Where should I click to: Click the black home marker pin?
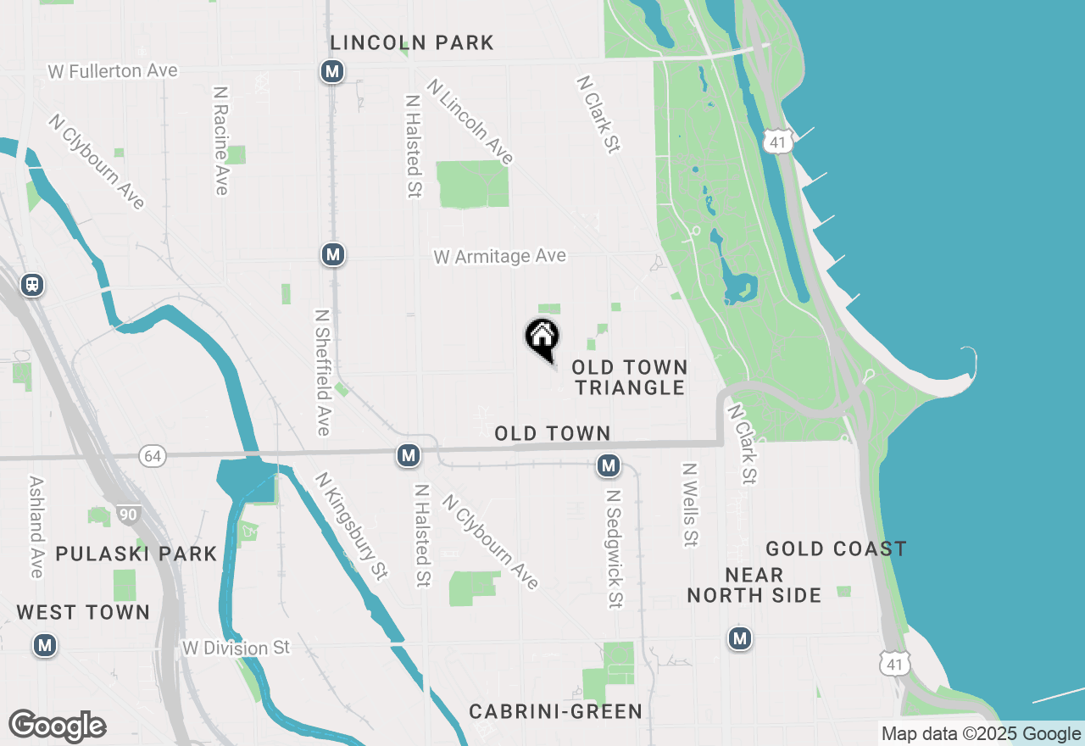click(x=542, y=338)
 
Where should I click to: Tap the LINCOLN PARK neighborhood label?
click(x=412, y=42)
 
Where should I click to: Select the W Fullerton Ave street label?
click(x=113, y=70)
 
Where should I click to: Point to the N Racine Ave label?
click(x=221, y=140)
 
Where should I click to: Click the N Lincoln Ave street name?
click(x=470, y=122)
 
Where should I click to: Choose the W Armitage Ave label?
click(x=499, y=256)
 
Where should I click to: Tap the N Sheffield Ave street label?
click(x=322, y=371)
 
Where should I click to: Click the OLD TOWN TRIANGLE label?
click(x=629, y=377)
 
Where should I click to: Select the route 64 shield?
click(x=152, y=456)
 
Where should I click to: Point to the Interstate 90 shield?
click(x=128, y=514)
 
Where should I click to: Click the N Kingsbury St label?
click(x=352, y=526)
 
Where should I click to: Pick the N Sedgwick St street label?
click(x=615, y=548)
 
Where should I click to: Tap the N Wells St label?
click(x=690, y=504)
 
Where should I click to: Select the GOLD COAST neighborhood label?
click(x=836, y=549)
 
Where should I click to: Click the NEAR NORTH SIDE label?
click(x=754, y=585)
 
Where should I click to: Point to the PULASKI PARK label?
click(x=136, y=554)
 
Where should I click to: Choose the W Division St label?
click(x=236, y=649)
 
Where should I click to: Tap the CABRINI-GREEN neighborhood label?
click(x=555, y=711)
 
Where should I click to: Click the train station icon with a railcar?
click(x=32, y=285)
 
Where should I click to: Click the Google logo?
click(x=57, y=727)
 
